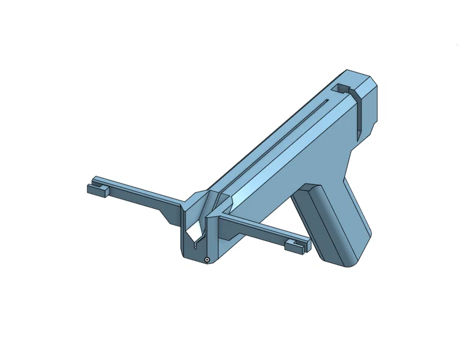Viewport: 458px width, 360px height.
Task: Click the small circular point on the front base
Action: point(206,260)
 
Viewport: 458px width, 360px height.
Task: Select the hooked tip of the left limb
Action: point(96,190)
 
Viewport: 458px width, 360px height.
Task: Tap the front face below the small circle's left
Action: point(193,256)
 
